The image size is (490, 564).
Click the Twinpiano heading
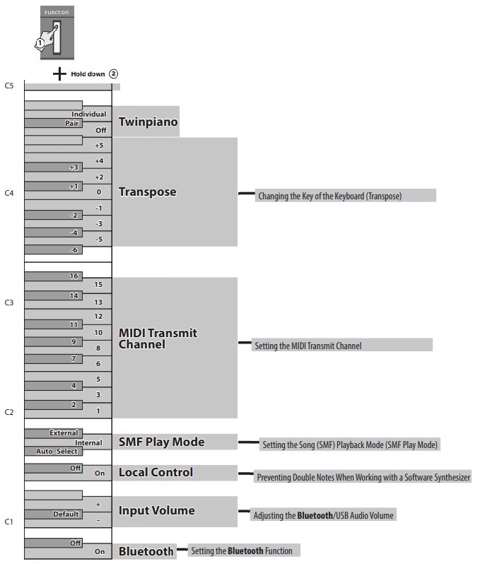coord(148,122)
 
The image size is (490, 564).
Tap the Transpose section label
coord(147,192)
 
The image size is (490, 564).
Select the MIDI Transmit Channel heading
coord(158,339)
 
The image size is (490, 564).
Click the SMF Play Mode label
coord(161,442)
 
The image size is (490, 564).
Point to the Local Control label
coord(156,472)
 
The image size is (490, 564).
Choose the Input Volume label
coord(156,510)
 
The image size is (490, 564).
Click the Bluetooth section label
coord(146,551)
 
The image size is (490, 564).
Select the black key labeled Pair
coord(72,122)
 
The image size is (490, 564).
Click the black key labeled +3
coord(74,168)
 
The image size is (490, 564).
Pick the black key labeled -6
coord(74,250)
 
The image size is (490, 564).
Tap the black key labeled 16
coord(74,276)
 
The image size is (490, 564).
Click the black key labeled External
coord(64,433)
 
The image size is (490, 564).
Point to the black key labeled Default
coord(65,515)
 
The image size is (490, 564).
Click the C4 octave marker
coord(9,192)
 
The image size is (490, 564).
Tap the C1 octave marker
coord(9,522)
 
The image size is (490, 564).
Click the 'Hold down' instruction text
coord(88,73)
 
